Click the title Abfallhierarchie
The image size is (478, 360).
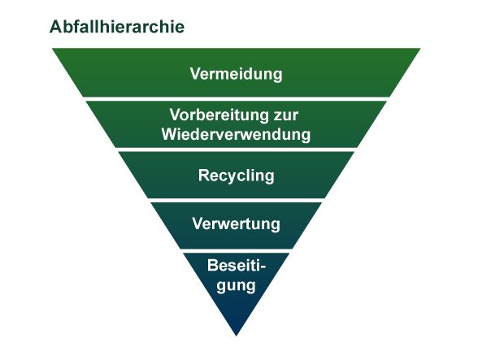(x=117, y=27)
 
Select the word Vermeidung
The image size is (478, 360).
(x=237, y=74)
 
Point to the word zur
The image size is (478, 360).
(x=286, y=115)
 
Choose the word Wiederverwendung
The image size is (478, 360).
(x=237, y=134)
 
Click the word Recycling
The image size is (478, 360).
(x=237, y=176)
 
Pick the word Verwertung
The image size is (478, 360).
(x=237, y=224)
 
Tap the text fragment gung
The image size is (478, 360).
(x=236, y=286)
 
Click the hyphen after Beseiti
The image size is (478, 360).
(x=263, y=267)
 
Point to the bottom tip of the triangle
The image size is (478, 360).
(x=237, y=336)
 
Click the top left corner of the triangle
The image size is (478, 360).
(x=52, y=48)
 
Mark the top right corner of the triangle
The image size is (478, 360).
(x=420, y=48)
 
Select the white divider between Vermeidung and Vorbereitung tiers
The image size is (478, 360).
(x=237, y=99)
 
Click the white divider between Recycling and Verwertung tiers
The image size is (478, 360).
(x=237, y=200)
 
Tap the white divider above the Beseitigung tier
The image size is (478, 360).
(x=237, y=251)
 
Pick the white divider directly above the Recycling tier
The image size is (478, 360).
(x=237, y=150)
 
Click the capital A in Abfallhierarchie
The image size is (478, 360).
(x=55, y=27)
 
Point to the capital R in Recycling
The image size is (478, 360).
(x=203, y=176)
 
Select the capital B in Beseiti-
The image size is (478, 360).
(x=213, y=266)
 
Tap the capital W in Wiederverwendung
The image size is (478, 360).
(x=169, y=134)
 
